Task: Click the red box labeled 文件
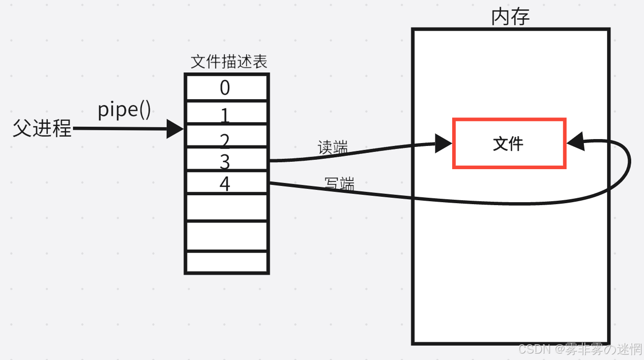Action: point(509,144)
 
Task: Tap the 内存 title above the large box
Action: point(510,17)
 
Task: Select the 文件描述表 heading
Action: point(229,62)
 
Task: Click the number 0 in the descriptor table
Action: point(225,88)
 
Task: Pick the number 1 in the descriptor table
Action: point(225,115)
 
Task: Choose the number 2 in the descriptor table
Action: point(225,142)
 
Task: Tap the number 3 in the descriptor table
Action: point(225,161)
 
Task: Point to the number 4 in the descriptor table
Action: point(225,184)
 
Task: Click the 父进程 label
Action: point(42,128)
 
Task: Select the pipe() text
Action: point(124,109)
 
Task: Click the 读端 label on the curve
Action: point(333,147)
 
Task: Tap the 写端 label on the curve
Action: point(339,184)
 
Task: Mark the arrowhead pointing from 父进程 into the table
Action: point(175,129)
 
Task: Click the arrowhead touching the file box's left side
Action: point(443,144)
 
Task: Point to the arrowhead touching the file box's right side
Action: point(575,143)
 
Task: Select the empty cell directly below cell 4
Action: point(227,208)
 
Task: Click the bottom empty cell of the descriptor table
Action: point(227,261)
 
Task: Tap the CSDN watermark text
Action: point(580,350)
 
